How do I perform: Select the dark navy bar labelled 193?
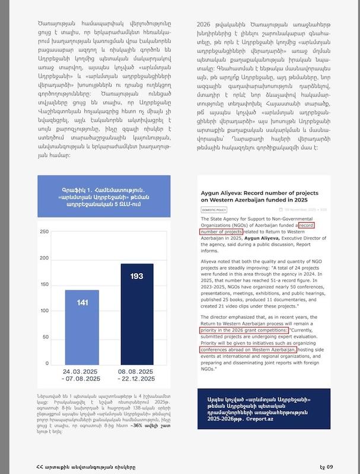click(x=136, y=314)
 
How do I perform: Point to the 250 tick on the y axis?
click(x=44, y=232)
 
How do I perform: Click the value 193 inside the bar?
click(x=136, y=277)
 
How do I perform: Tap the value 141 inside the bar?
click(x=82, y=303)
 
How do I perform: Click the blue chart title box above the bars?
click(x=103, y=196)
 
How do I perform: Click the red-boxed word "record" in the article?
click(x=313, y=225)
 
